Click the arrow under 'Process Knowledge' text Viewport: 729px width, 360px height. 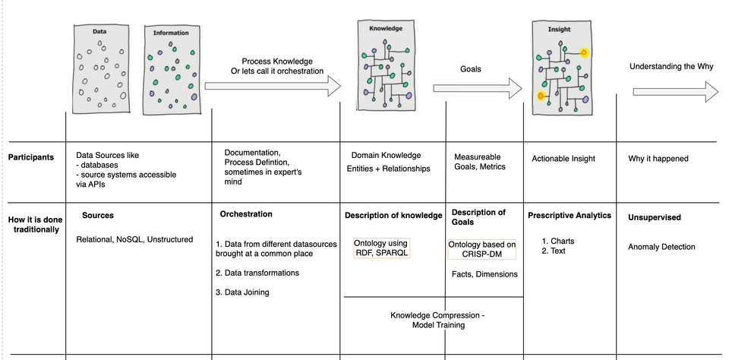(x=273, y=88)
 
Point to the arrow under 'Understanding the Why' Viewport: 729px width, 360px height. (x=675, y=92)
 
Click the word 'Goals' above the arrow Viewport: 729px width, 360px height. (x=471, y=68)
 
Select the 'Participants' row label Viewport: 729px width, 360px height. (x=30, y=158)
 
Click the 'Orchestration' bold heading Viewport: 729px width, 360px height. (x=246, y=214)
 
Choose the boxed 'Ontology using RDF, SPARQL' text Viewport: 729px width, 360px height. (x=382, y=248)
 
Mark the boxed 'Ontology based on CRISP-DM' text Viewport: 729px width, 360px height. (x=484, y=249)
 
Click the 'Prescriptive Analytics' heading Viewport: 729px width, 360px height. (x=570, y=216)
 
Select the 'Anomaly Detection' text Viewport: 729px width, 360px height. (x=661, y=247)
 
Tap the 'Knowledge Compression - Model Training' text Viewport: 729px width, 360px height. (x=437, y=320)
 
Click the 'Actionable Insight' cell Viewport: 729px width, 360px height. (x=563, y=159)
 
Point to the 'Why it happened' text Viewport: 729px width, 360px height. (x=658, y=159)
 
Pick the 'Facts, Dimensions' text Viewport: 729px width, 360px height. (x=485, y=274)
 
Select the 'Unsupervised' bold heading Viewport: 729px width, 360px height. (x=655, y=217)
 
